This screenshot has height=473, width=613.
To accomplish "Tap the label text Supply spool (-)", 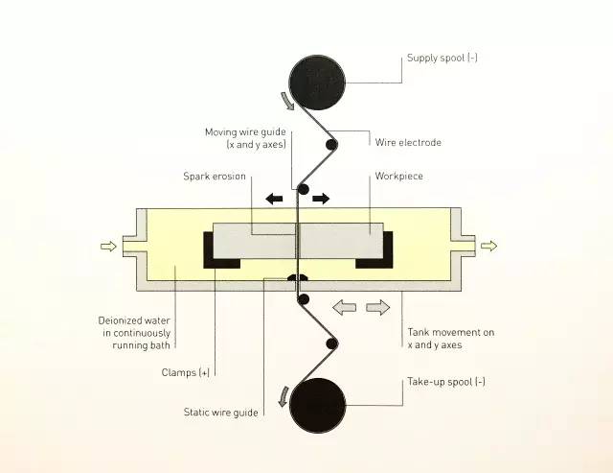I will coord(442,59).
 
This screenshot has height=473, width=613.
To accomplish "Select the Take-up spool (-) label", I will coord(446,381).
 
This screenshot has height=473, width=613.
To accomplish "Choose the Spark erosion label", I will coord(216,177).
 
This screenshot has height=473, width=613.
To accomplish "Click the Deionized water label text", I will coord(140,332).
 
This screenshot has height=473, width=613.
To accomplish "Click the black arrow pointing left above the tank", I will coord(276,199).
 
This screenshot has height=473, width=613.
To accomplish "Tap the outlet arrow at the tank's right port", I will coord(488,247).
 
